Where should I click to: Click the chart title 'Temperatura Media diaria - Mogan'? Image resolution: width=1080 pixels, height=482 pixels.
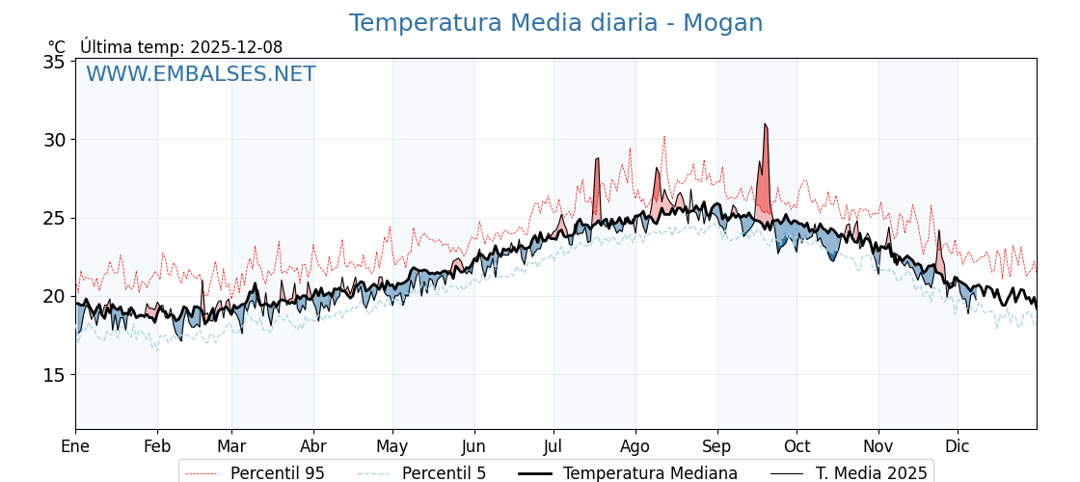point(555,23)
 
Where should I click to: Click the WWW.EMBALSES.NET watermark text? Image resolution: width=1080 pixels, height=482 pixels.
point(201,74)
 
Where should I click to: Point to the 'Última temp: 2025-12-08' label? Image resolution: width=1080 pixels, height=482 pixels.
point(181,47)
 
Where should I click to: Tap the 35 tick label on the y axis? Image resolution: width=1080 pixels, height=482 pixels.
point(55,62)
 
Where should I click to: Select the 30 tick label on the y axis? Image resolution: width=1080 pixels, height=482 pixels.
point(55,140)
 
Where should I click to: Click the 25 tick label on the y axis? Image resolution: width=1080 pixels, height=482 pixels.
point(55,218)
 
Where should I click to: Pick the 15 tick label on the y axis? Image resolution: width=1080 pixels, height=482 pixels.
point(55,375)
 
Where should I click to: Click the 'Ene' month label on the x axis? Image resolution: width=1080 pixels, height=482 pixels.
point(75,446)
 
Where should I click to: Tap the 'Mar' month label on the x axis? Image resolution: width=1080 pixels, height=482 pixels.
point(231,446)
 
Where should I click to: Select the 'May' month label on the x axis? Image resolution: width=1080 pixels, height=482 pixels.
point(392,446)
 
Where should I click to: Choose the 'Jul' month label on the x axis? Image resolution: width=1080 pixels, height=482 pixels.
point(553,446)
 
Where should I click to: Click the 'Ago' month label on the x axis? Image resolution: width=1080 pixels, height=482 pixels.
point(635,446)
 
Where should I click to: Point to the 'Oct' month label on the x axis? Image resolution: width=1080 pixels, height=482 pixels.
point(796,446)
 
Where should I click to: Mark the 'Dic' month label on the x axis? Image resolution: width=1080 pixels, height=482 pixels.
point(958,446)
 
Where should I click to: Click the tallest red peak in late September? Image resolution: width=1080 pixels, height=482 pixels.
point(765,125)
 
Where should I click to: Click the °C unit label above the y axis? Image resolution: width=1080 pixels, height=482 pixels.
point(56,47)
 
